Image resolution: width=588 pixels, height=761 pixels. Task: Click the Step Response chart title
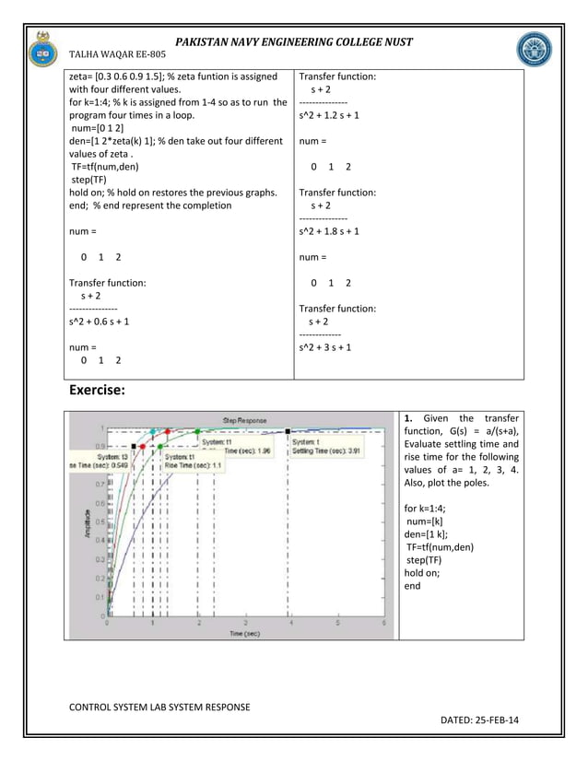[x=243, y=420]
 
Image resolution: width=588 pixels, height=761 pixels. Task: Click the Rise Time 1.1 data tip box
[x=194, y=461]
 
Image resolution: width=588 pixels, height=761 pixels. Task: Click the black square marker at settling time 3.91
[x=289, y=430]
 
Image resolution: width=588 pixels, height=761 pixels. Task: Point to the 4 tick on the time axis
[x=291, y=624]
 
